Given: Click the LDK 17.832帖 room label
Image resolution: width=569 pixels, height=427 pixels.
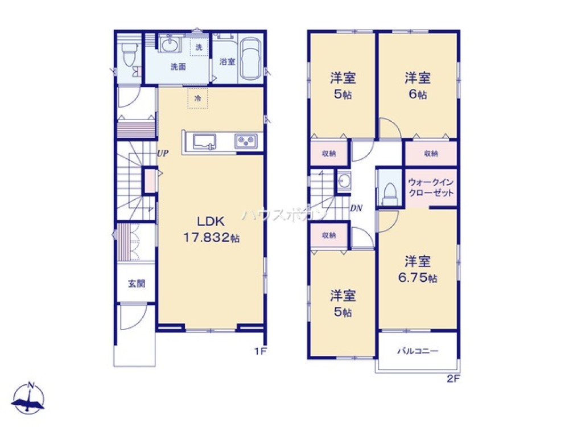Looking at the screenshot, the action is tap(211, 229).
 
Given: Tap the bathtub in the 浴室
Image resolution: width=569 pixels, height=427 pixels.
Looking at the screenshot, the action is tap(251, 58).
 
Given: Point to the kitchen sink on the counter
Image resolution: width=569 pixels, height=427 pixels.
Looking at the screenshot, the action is tap(204, 141).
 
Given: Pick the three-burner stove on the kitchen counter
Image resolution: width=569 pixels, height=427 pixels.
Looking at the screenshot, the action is tap(246, 141).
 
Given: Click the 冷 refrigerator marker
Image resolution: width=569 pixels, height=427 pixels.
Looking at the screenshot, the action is tap(198, 98).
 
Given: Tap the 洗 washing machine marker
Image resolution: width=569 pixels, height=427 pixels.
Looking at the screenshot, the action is tap(199, 47).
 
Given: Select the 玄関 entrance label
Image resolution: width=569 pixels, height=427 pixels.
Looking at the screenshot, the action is tap(137, 284).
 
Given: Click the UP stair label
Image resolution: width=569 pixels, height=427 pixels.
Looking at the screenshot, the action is tap(163, 153).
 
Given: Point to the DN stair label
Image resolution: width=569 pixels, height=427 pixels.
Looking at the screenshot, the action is tap(356, 208).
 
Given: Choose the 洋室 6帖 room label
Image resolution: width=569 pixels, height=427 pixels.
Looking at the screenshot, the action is tap(418, 86).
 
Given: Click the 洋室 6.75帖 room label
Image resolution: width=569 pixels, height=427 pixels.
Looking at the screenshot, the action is tap(418, 269).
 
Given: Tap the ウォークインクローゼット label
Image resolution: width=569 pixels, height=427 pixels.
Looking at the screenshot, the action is tap(431, 187).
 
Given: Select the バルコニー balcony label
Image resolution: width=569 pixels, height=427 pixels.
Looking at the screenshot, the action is tap(418, 351).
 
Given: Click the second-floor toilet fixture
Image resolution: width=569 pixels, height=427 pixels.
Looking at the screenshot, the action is tap(390, 194).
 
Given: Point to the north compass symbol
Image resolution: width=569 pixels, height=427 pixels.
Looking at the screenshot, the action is tap(28, 399).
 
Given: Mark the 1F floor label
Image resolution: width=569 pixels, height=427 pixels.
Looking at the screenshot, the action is tap(260, 351).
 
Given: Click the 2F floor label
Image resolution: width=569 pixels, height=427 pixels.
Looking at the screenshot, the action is tap(453, 379).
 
